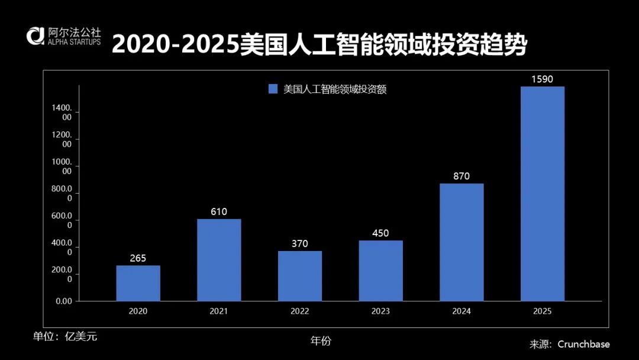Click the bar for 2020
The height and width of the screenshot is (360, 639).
138,283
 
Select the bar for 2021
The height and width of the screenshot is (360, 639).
219,260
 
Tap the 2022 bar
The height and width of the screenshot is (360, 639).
300,276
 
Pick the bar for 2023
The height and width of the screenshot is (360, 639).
380,271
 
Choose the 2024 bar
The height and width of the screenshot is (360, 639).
461,242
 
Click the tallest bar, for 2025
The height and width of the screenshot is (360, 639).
542,194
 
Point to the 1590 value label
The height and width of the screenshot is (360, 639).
542,79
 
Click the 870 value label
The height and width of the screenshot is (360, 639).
461,176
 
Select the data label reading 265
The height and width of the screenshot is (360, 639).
138,258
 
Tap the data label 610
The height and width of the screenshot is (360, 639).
219,211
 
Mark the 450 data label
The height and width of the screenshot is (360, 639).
380,233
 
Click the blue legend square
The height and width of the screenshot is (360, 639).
273,89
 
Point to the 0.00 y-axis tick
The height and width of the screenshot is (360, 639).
64,301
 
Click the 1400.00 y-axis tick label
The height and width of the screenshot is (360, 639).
63,112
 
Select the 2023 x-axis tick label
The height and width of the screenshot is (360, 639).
380,311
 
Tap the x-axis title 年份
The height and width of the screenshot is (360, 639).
321,340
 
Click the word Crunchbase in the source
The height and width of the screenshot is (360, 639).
583,344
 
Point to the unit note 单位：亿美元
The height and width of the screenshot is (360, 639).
65,336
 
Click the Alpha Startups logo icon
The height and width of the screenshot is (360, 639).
34,36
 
